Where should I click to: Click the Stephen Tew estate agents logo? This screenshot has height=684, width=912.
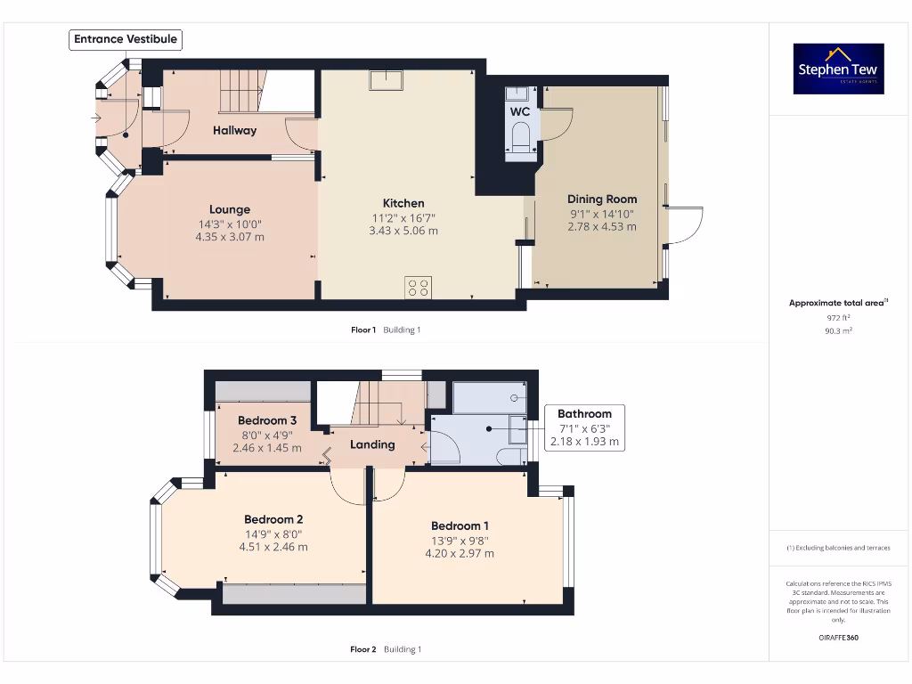[x=838, y=69]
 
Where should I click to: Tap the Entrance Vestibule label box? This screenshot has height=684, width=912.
[x=126, y=39]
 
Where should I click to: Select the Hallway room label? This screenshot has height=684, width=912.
[x=234, y=130]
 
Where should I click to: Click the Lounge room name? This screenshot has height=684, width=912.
[x=230, y=210]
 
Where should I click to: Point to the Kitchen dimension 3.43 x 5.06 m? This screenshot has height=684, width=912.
[x=403, y=231]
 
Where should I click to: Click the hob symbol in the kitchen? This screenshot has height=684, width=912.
[x=417, y=287]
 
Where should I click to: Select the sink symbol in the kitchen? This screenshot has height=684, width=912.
[x=387, y=80]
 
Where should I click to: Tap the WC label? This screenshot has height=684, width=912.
[x=520, y=111]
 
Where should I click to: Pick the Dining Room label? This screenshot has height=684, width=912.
[x=602, y=199]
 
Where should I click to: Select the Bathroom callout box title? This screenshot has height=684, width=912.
[x=584, y=413]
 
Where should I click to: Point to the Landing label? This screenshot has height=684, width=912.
[x=372, y=444]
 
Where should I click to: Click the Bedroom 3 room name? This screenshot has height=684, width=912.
[x=267, y=420]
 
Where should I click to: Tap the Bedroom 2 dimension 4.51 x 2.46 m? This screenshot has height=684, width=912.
[x=273, y=547]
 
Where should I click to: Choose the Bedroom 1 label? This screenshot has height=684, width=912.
[x=460, y=525]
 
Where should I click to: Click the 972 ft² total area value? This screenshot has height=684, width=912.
[x=838, y=317]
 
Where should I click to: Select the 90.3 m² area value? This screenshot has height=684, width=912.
[x=838, y=330]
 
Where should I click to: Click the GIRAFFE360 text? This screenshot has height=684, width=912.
[x=838, y=638]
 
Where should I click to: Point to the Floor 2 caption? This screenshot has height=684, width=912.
[x=363, y=649]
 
